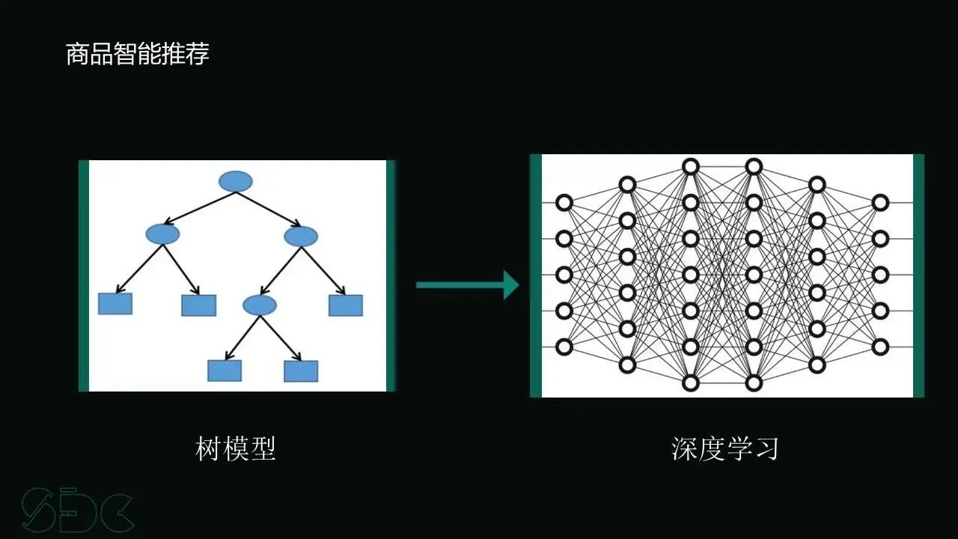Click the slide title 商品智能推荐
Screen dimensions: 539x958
138,55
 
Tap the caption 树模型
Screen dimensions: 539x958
236,448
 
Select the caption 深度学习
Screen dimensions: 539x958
725,448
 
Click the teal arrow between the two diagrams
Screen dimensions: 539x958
467,284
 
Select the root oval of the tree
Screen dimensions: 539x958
236,181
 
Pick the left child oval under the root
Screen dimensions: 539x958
162,234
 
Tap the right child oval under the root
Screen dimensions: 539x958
301,237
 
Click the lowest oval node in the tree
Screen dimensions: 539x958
260,304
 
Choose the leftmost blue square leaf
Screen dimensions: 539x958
115,303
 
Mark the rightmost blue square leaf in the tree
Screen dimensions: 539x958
346,305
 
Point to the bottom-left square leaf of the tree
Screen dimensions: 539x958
225,370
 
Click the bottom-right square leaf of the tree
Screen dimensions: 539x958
301,371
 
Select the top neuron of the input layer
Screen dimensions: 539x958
564,202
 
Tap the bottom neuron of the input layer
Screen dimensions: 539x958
564,347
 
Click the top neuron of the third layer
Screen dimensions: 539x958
690,166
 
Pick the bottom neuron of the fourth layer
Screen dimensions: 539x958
754,383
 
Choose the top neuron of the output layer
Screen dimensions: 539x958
880,202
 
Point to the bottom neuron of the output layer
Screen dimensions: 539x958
880,347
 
